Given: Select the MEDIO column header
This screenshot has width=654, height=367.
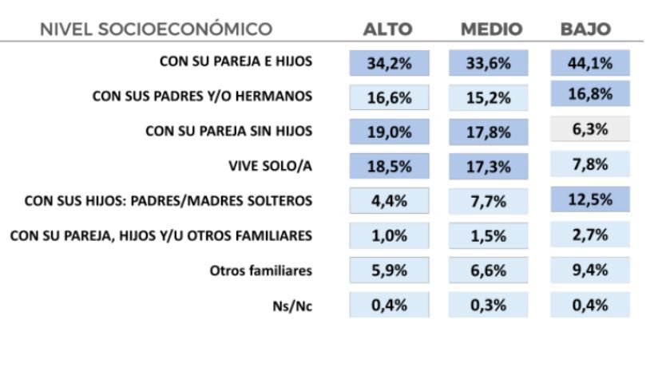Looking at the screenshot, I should (491, 30).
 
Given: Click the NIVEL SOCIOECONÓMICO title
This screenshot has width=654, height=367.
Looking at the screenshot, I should (159, 30).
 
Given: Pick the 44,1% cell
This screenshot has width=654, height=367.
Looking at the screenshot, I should (590, 63).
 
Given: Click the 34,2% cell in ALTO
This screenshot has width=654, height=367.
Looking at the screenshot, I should (389, 63).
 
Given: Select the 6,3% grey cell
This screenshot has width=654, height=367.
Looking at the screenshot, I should (590, 129).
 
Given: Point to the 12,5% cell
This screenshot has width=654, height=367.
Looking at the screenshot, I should (590, 199).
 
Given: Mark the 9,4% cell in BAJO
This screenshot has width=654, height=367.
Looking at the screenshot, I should (590, 270).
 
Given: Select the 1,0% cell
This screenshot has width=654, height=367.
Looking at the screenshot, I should (389, 235).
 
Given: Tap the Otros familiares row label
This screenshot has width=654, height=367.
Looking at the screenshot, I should (262, 270).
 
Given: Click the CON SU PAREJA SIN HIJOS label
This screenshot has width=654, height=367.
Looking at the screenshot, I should (228, 131).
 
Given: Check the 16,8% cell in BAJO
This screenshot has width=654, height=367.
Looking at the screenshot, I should (590, 95).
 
